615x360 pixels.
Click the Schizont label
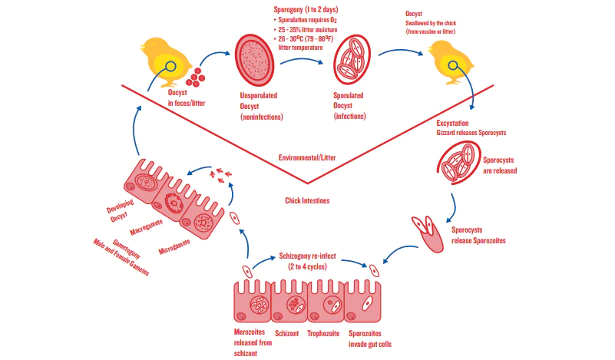tap(286, 334)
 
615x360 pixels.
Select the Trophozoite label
tap(323, 334)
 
